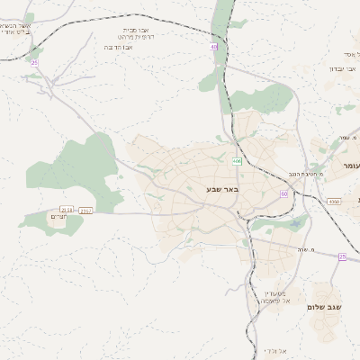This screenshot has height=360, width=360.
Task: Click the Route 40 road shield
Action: tap(214, 47)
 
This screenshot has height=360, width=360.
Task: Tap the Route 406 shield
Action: tap(237, 161)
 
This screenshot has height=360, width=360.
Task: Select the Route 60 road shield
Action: tap(283, 193)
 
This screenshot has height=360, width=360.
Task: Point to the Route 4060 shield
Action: tap(334, 202)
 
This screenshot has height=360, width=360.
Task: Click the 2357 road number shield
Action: tap(86, 211)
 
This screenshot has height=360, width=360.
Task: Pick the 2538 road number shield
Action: tap(67, 211)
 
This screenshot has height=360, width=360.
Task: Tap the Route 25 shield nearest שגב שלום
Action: tap(342, 256)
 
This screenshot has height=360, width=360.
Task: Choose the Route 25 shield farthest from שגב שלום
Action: tap(34, 62)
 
